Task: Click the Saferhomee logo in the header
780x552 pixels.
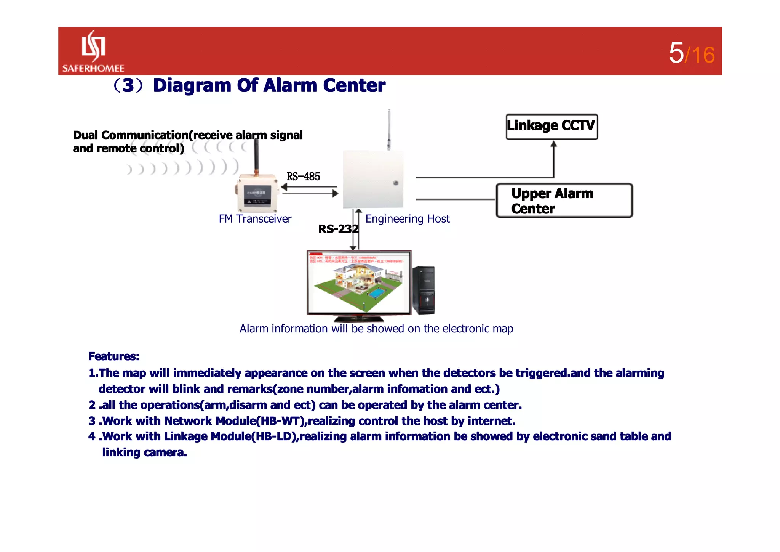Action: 93,51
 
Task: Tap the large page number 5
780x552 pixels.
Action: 676,53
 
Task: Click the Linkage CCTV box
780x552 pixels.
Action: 551,127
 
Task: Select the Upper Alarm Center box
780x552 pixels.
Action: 564,201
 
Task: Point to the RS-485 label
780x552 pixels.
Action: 303,177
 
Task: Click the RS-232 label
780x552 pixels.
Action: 338,229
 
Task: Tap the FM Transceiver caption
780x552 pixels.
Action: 255,219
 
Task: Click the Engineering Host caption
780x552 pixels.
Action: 407,219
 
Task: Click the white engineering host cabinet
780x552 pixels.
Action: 372,179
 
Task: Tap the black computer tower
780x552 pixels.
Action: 424,290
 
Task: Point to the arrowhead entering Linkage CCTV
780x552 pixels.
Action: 554,144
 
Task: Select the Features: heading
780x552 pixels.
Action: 113,356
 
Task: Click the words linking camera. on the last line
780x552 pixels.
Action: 144,453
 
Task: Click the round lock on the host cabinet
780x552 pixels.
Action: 396,183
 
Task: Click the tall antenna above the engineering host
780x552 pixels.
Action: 389,130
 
